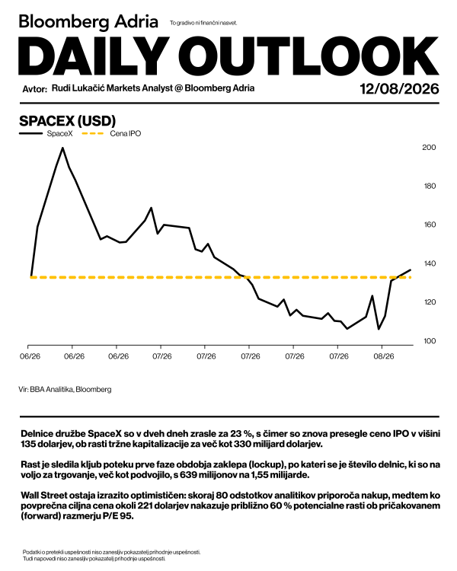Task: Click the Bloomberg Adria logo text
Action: coord(88,21)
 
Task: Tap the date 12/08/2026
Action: coord(399,88)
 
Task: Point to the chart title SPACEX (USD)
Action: coord(68,120)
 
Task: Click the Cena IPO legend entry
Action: coord(111,134)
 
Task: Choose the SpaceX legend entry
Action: coord(46,134)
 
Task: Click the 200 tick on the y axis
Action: coord(429,148)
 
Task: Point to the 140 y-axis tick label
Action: coord(429,263)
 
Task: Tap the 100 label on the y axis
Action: coord(429,341)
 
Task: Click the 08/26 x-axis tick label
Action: coord(383,356)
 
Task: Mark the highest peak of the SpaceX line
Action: coord(62,148)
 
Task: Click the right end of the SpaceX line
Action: coord(411,270)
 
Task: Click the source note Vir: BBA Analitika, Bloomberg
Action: coord(65,389)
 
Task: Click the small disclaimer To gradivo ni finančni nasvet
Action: coord(203,23)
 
